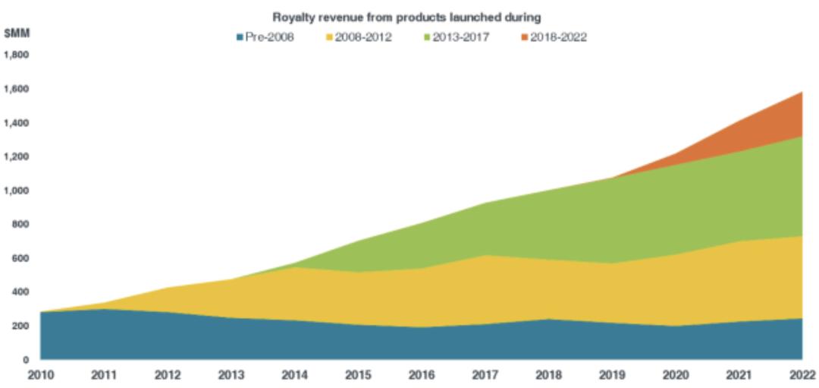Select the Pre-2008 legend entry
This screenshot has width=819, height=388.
pyautogui.click(x=269, y=36)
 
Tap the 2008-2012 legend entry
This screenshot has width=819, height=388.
pyautogui.click(x=363, y=36)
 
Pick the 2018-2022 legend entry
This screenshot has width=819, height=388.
pyautogui.click(x=558, y=36)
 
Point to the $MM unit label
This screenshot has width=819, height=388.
pyautogui.click(x=16, y=33)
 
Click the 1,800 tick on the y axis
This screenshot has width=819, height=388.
pyautogui.click(x=16, y=55)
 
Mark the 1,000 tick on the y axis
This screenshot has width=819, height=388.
pyautogui.click(x=16, y=190)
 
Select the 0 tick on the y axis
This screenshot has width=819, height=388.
pyautogui.click(x=26, y=359)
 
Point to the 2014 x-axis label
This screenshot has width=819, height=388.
pyautogui.click(x=294, y=375)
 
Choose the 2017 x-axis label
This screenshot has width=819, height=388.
pyautogui.click(x=485, y=375)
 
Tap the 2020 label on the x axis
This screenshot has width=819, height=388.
pyautogui.click(x=676, y=375)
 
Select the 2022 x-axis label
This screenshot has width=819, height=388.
pyautogui.click(x=802, y=375)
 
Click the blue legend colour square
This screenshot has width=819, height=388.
pyautogui.click(x=240, y=36)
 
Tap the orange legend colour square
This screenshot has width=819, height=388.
pyautogui.click(x=525, y=36)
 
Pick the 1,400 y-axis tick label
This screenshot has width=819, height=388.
pyautogui.click(x=16, y=122)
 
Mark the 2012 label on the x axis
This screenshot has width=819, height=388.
pyautogui.click(x=167, y=375)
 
